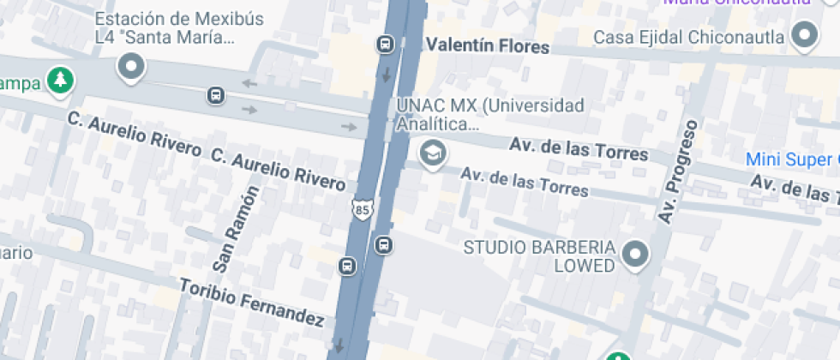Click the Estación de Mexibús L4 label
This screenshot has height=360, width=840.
(165, 28)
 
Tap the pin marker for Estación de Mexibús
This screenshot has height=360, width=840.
(131, 65)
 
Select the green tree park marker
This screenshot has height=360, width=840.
(61, 81)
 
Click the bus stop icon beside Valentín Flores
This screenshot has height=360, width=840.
(385, 44)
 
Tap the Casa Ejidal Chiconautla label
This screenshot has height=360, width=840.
(689, 37)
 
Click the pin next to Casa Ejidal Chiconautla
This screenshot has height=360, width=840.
(804, 36)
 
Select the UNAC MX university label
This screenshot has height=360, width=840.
(490, 115)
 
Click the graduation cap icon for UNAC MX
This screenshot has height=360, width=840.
(433, 153)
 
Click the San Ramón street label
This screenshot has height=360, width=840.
(236, 229)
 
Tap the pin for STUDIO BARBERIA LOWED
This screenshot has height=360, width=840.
(635, 254)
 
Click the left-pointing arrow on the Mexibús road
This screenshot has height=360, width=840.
(249, 83)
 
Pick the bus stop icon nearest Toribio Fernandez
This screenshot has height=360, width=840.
(347, 266)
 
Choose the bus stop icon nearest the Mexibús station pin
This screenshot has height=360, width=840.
(215, 95)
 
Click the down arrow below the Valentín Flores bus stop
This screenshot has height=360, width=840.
(386, 74)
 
